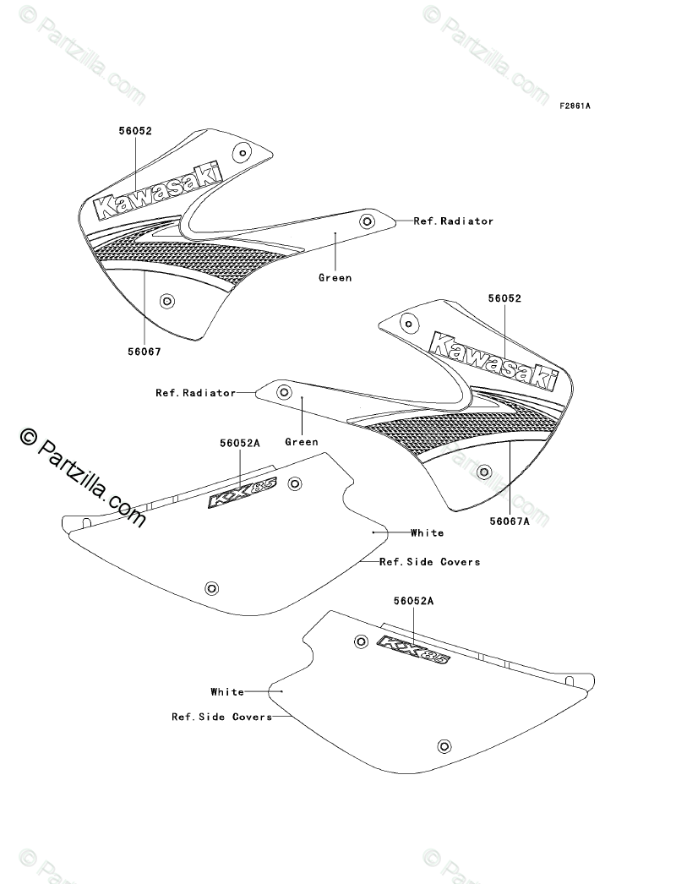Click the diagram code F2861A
575,106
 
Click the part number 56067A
510,521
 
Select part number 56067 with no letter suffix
144,352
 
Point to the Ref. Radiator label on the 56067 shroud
453,221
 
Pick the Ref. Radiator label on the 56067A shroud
196,393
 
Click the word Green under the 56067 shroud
335,277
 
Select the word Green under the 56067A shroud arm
302,442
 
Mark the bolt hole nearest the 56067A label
483,472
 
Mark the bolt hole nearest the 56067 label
166,301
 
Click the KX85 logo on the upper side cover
243,493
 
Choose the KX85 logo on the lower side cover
414,649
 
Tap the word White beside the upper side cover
428,532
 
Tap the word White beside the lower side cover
227,692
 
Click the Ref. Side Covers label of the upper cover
429,562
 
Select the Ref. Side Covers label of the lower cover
222,718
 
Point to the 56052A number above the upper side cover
240,444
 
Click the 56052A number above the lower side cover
414,602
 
